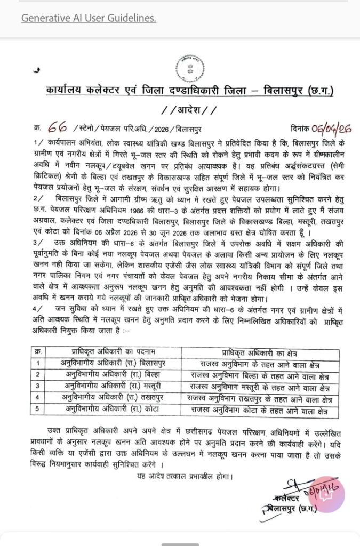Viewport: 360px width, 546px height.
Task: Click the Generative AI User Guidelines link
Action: [89, 19]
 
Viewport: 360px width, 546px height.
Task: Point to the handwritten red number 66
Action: [58, 128]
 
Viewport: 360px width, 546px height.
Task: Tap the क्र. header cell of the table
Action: [37, 352]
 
